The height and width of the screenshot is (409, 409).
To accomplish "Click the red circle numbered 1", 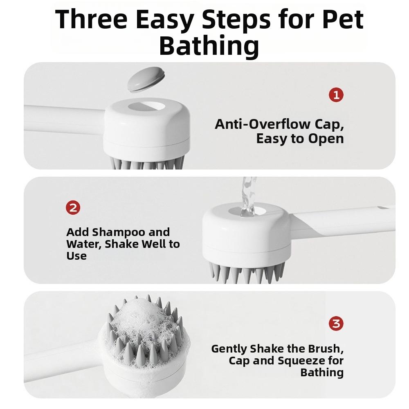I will [x=336, y=95].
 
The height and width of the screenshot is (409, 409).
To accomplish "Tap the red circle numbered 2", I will [x=73, y=208].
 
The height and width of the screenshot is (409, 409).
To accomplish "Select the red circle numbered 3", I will [x=336, y=324].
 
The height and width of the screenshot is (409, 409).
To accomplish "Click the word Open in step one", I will [x=326, y=139].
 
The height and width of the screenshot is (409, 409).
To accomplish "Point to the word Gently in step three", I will [x=229, y=349].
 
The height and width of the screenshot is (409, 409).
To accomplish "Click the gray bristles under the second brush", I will [x=245, y=272].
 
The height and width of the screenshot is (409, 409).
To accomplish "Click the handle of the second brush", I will [x=344, y=223].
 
